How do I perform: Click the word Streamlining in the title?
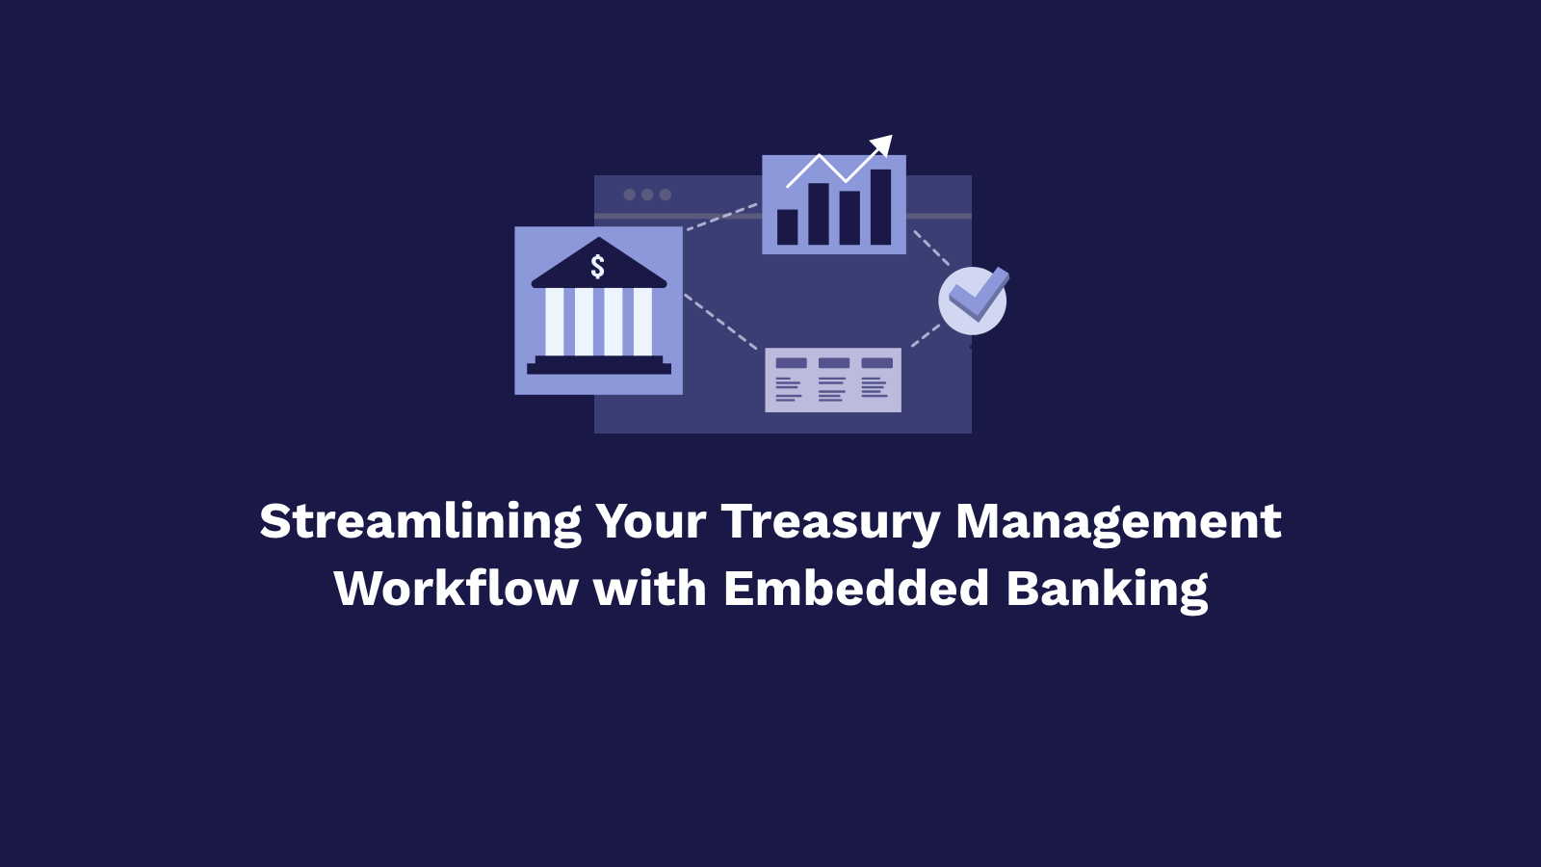tap(420, 522)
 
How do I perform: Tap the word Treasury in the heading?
tap(830, 522)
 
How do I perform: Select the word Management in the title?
tap(1117, 522)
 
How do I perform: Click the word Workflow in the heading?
tap(456, 589)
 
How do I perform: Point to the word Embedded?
tap(856, 589)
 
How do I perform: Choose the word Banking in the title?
tap(1107, 589)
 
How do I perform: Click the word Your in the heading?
tap(651, 522)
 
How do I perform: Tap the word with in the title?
tap(650, 589)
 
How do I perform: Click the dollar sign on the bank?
tap(598, 267)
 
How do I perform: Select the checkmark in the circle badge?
tap(978, 296)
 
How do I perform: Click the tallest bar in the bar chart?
tap(880, 207)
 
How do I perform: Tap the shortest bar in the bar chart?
tap(788, 227)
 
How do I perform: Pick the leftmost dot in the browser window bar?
tap(629, 195)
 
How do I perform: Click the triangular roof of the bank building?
tap(598, 265)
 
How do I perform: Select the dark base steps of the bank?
tap(598, 365)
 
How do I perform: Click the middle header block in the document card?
tap(834, 363)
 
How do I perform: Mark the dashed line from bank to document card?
tap(720, 322)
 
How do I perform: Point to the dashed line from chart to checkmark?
tap(931, 247)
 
